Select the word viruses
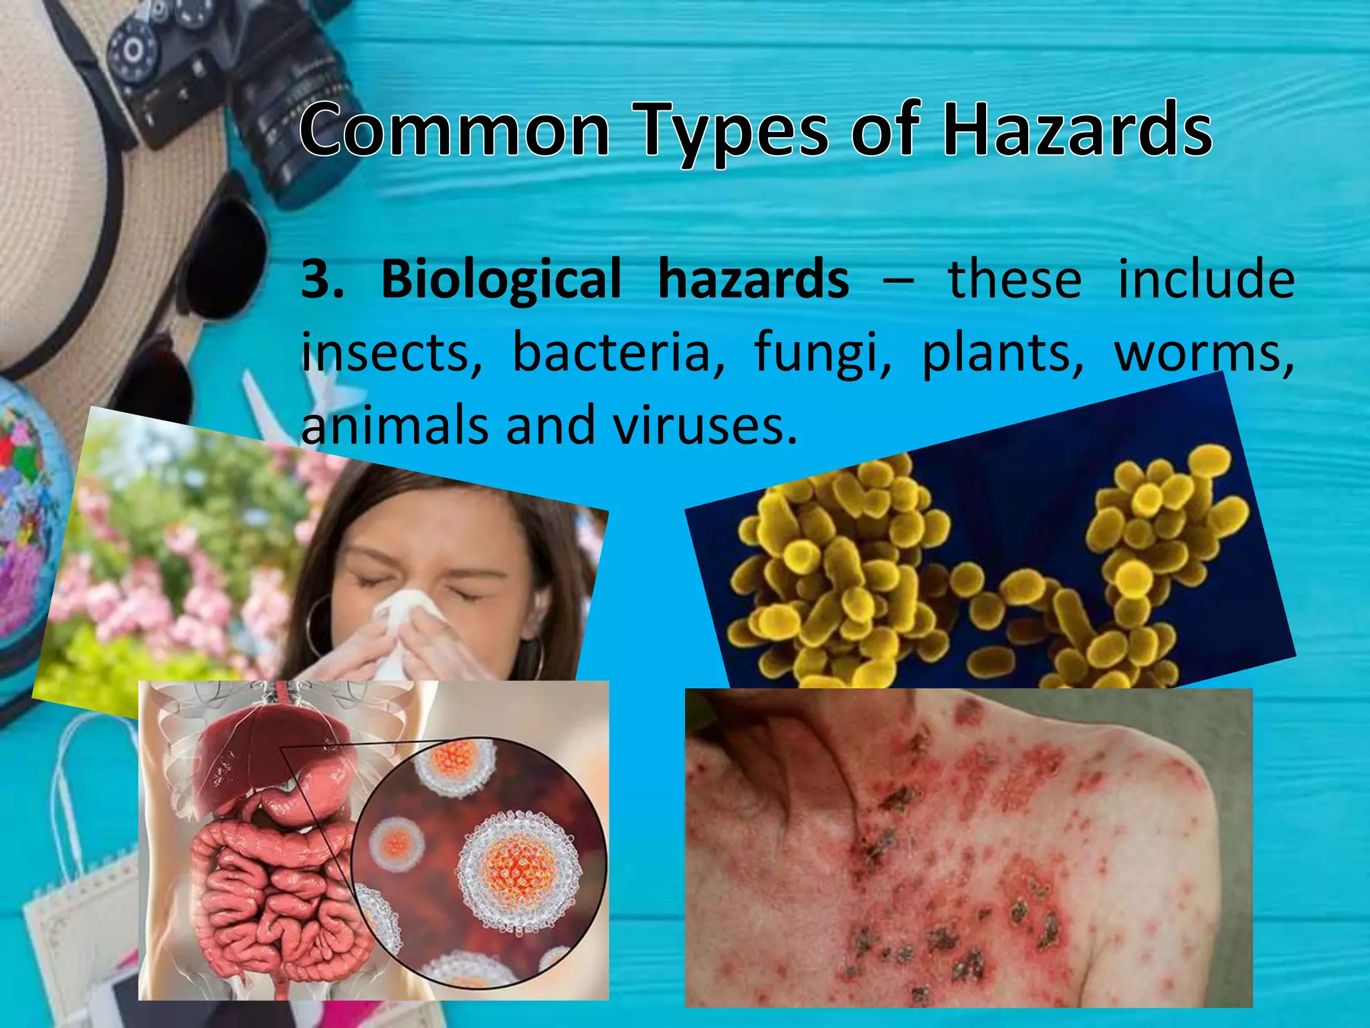pos(706,426)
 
